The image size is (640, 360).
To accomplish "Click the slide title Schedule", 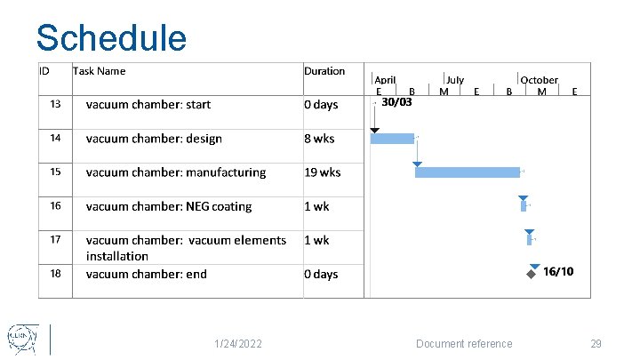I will pyautogui.click(x=111, y=38).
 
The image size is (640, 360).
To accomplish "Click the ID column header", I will pyautogui.click(x=44, y=71).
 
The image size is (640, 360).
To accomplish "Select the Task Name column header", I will pyautogui.click(x=99, y=71).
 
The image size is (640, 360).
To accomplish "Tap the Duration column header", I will pyautogui.click(x=324, y=71).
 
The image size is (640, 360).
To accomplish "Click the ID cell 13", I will pyautogui.click(x=55, y=105).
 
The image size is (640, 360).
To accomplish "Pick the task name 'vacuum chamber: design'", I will pyautogui.click(x=154, y=139).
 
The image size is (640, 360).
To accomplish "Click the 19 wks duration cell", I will pyautogui.click(x=323, y=172).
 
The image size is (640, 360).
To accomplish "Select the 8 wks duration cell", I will pyautogui.click(x=319, y=139).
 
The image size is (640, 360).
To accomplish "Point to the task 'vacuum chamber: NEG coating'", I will pyautogui.click(x=169, y=206).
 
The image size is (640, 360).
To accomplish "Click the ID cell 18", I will pyautogui.click(x=55, y=274).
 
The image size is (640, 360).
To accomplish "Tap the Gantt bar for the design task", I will pyautogui.click(x=392, y=139).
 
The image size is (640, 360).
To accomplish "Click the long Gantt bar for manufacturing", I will pyautogui.click(x=468, y=172).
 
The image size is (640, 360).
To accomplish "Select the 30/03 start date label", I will pyautogui.click(x=396, y=101).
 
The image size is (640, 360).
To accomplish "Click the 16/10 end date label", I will pyautogui.click(x=558, y=271).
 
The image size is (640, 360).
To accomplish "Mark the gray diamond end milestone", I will pyautogui.click(x=531, y=275).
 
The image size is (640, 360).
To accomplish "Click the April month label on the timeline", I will pyautogui.click(x=385, y=80).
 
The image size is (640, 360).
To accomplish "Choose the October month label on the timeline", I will pyautogui.click(x=539, y=80).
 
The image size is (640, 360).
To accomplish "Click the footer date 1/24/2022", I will pyautogui.click(x=237, y=344).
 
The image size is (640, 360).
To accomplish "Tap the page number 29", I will pyautogui.click(x=596, y=344).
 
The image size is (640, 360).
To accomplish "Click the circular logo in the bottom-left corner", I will pyautogui.click(x=20, y=338).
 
